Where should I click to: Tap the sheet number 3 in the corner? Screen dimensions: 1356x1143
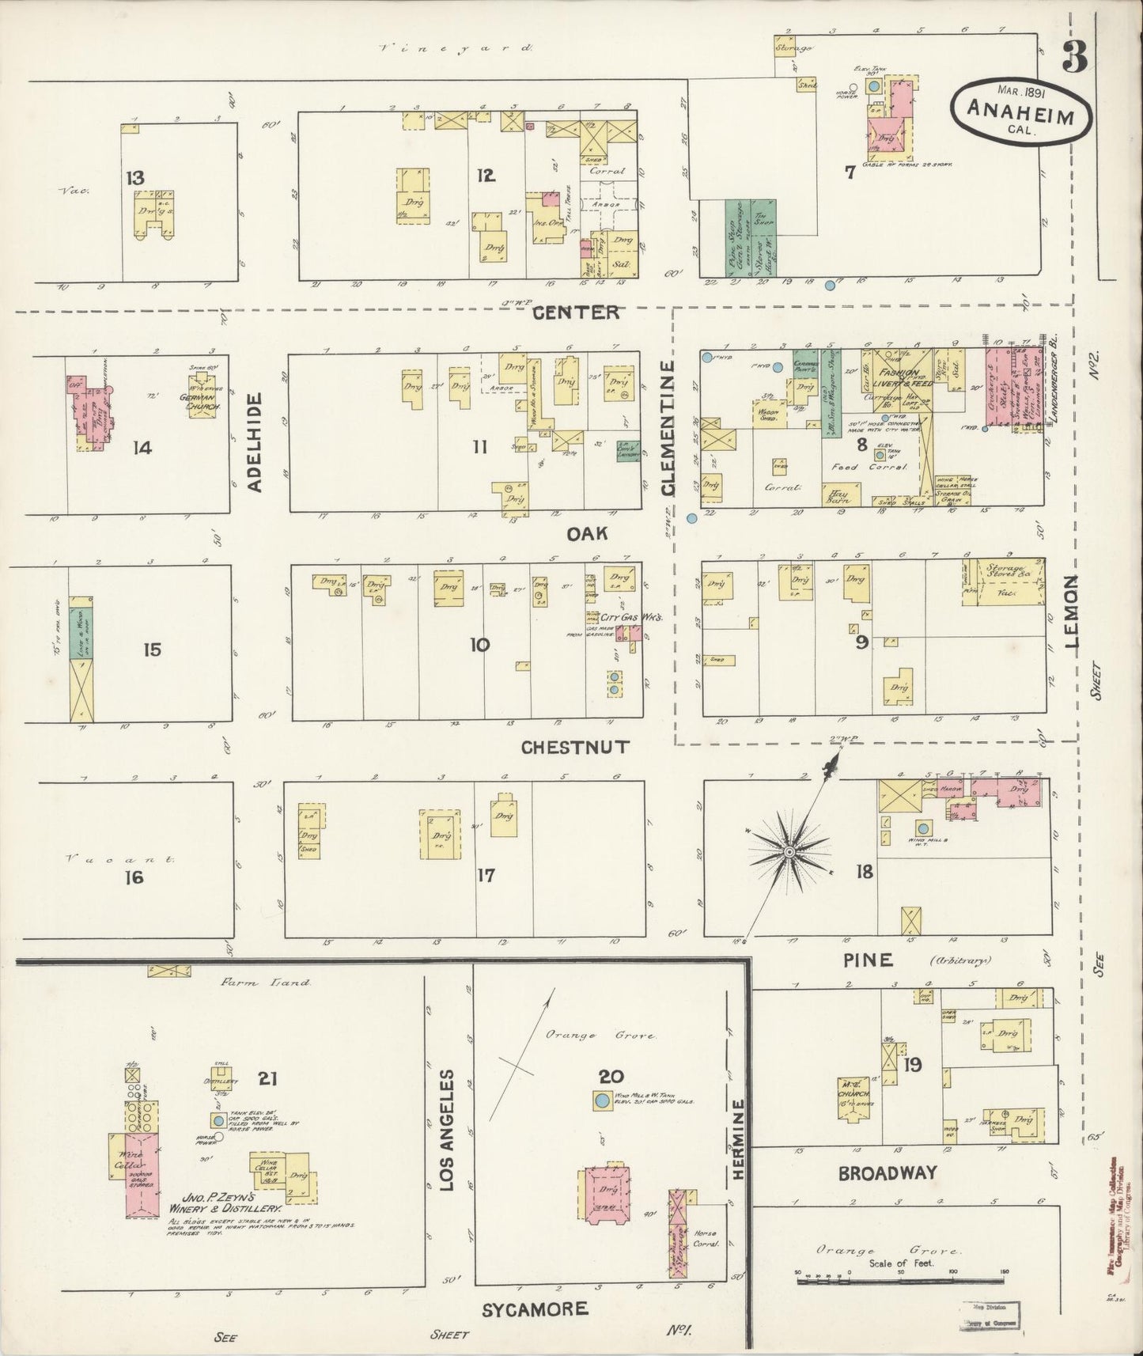pos(1073,57)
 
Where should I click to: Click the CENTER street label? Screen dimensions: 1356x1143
pos(576,312)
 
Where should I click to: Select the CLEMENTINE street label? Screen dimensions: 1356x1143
pos(668,429)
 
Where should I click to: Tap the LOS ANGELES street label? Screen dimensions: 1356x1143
pos(448,1131)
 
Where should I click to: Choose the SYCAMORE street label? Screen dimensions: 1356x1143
pos(536,1309)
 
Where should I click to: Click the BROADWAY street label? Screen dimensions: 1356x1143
pos(888,1172)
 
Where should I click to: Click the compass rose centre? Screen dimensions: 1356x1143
pos(789,851)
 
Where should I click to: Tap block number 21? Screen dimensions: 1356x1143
pos(270,1077)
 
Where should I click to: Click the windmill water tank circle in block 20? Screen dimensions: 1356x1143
pos(601,1100)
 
